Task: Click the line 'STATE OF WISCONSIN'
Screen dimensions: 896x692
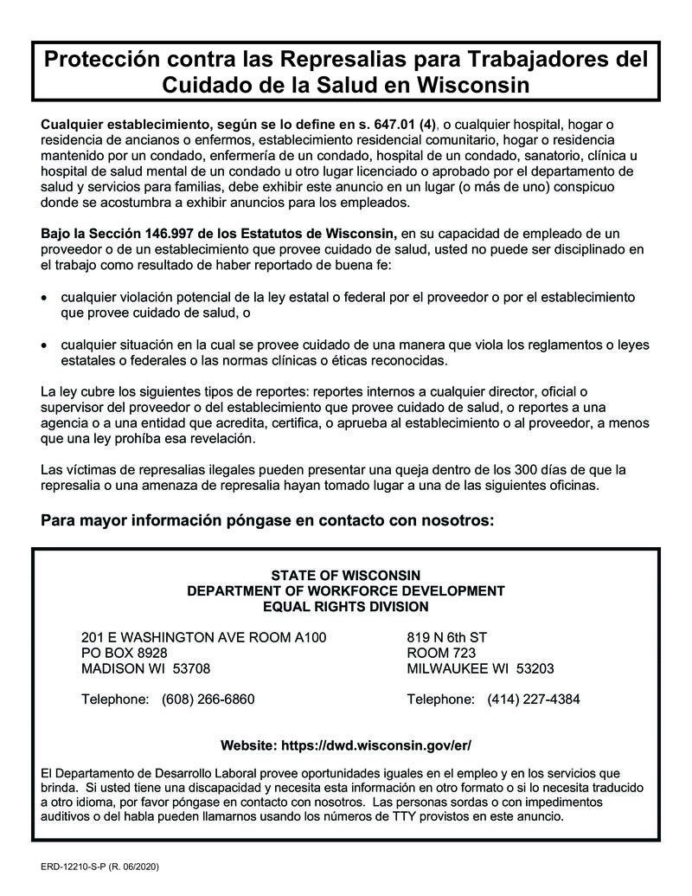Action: click(345, 576)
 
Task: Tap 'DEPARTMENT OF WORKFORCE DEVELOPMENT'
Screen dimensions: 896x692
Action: click(345, 591)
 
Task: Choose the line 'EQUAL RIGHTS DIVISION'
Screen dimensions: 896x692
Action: click(345, 607)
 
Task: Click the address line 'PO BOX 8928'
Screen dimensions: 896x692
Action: click(125, 653)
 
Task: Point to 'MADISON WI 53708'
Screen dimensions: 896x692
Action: click(145, 668)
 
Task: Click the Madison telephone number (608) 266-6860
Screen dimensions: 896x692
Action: click(208, 699)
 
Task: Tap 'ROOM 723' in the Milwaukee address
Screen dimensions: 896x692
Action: click(441, 653)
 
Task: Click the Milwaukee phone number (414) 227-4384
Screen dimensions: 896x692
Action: click(534, 699)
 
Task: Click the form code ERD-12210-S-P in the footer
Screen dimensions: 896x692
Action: click(75, 867)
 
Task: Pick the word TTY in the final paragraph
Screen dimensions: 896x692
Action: click(419, 816)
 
